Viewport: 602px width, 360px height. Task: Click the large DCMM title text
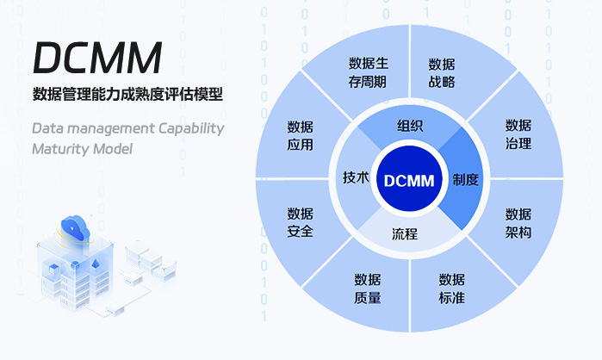97,58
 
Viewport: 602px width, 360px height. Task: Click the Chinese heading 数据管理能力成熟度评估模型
127,95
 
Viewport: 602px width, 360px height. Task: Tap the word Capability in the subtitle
191,128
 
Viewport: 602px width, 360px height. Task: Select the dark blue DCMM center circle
409,180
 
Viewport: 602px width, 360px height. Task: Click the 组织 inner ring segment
409,125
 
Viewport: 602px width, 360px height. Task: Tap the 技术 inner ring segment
356,177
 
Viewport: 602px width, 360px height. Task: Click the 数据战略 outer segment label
442,73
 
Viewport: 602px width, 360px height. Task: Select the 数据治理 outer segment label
518,134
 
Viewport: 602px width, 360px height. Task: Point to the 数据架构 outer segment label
518,223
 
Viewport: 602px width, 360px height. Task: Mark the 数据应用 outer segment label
300,135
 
